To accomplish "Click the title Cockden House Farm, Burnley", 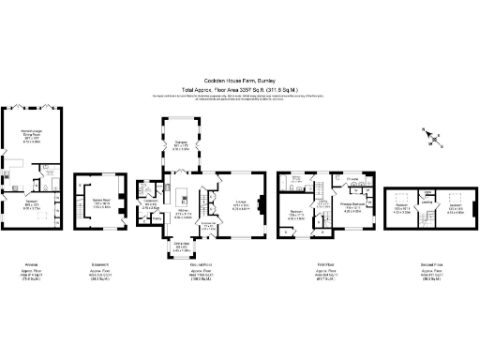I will pos(239,82).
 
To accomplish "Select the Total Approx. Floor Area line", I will pos(239,89).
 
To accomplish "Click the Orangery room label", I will pos(181,145).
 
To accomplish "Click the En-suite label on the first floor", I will pos(352,178).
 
